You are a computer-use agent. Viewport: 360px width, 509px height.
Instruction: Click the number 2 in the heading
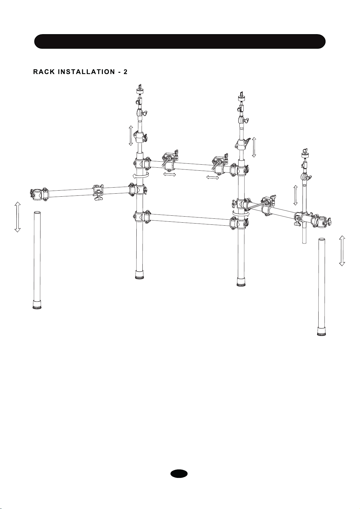click(125, 72)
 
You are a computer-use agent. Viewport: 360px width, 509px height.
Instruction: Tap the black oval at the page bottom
click(179, 474)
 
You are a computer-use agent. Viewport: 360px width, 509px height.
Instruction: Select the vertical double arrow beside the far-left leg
click(18, 217)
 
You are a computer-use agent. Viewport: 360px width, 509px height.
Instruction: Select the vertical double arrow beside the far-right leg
click(342, 251)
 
